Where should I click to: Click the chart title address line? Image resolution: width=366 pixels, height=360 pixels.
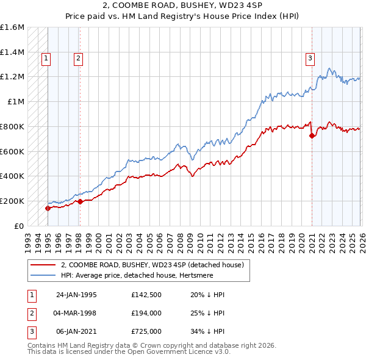tap(182, 5)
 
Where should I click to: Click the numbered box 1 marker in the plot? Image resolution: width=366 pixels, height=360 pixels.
tap(47, 59)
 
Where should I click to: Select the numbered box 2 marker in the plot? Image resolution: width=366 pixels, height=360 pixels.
tap(79, 59)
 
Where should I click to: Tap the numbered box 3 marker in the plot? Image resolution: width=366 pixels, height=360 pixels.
tap(310, 59)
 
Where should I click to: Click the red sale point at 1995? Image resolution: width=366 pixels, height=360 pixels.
tap(48, 208)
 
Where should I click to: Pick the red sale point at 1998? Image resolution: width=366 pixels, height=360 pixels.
tap(79, 201)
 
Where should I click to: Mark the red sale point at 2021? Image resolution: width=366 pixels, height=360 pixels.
tap(312, 135)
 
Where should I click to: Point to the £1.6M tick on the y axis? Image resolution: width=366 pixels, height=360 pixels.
tap(12, 27)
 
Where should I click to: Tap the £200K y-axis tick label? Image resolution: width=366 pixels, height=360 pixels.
tap(12, 201)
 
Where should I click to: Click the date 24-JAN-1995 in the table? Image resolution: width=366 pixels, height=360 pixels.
tap(76, 295)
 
